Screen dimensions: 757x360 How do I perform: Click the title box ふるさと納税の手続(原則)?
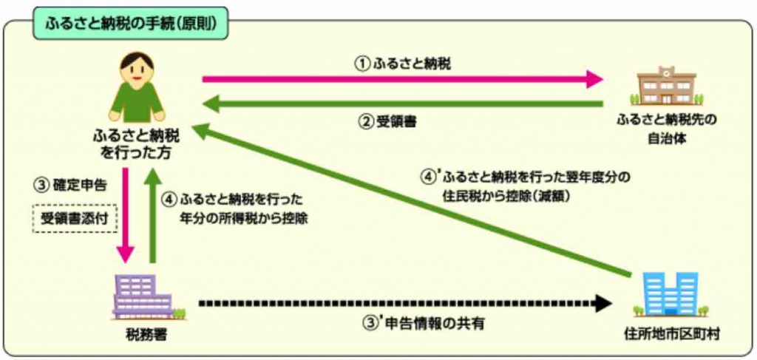pos(129,23)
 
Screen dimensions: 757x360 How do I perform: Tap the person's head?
pos(137,69)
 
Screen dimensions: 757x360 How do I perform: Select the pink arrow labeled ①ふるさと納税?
pos(403,78)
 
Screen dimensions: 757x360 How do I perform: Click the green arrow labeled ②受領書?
pos(403,103)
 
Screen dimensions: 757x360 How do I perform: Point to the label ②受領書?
pos(387,122)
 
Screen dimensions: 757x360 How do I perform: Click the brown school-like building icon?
pos(667,87)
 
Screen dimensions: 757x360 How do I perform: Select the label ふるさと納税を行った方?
pos(136,146)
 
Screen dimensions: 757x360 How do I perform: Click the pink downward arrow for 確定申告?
pos(126,215)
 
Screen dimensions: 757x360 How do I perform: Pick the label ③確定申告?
pos(69,186)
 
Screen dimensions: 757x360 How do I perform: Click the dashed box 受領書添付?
pos(75,219)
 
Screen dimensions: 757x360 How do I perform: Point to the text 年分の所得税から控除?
pos(244,217)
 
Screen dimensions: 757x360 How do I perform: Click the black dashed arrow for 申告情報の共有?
pos(405,304)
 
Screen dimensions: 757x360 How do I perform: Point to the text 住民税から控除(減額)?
pos(506,197)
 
